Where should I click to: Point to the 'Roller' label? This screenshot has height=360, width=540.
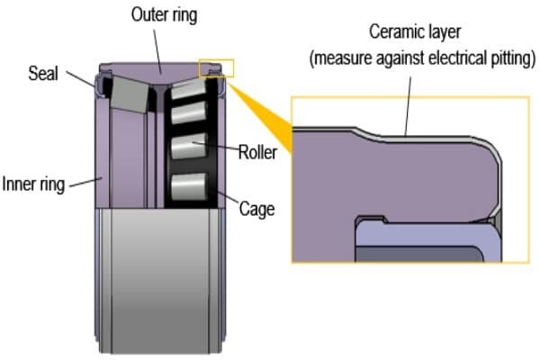coord(257,152)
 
